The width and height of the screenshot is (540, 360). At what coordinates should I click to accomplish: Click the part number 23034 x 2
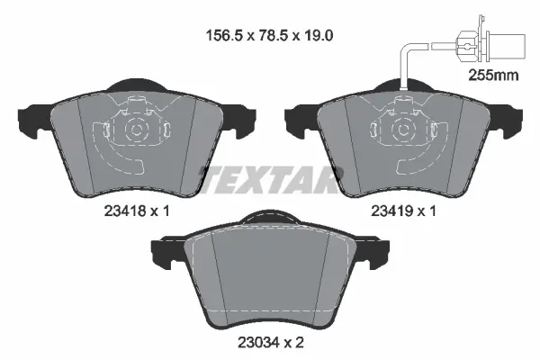267,341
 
